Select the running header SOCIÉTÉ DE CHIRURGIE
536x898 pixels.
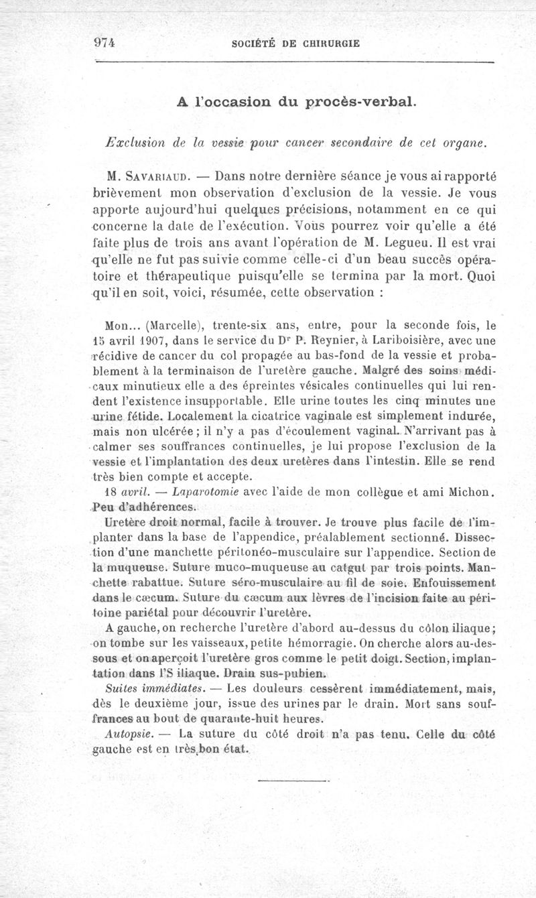pos(295,43)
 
